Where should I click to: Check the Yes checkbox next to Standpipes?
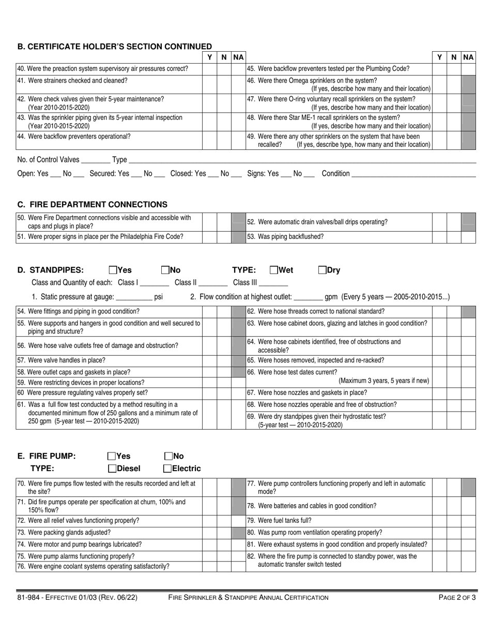113,270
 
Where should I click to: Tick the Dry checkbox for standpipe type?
323,270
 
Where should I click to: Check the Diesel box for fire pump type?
112,469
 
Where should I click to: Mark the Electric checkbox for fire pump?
167,469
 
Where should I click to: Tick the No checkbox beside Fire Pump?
168,456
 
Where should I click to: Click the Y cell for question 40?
209,69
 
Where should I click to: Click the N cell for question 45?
453,69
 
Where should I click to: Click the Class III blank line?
273,283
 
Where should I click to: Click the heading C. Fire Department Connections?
93,205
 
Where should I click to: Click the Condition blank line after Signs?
413,174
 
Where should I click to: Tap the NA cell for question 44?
238,140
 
